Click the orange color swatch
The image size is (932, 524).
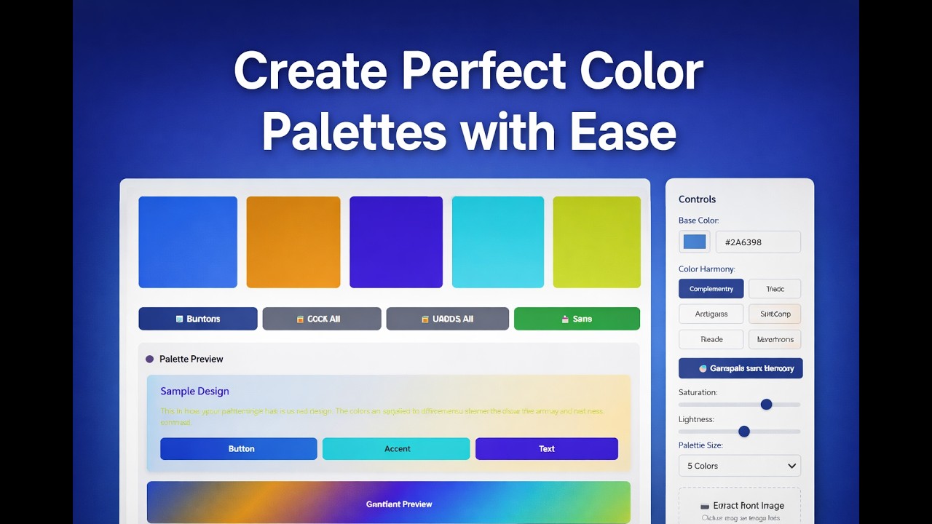coord(293,242)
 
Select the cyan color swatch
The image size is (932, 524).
coord(497,242)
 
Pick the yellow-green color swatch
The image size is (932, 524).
coord(596,242)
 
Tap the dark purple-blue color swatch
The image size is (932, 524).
coord(395,242)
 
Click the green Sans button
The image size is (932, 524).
coord(577,319)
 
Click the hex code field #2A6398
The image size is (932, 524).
coord(758,242)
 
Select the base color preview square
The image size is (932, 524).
coord(695,242)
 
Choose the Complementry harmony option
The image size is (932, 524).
coord(711,289)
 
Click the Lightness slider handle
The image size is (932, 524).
coord(743,432)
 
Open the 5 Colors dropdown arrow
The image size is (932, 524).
coord(791,466)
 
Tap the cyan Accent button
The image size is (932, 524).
coord(396,449)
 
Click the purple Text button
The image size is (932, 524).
coord(546,449)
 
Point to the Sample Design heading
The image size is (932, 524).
coord(194,392)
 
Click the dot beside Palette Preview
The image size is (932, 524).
coord(150,359)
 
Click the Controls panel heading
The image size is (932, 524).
coord(697,199)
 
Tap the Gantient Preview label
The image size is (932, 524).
coord(398,504)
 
